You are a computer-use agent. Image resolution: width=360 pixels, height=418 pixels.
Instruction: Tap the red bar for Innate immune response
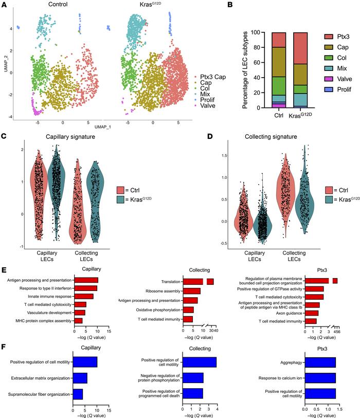84,296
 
